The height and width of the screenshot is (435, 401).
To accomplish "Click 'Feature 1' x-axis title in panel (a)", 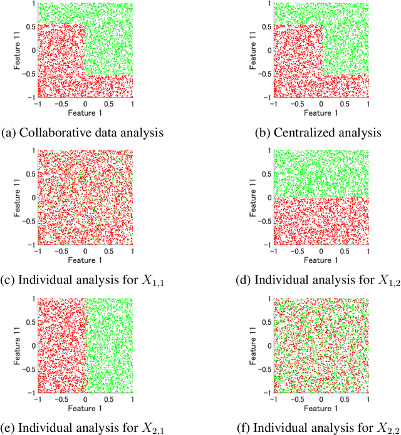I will pos(85,113).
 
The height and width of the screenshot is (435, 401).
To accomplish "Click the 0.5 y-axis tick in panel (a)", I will pos(29,26).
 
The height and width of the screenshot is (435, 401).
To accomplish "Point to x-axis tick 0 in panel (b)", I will pos(321,104).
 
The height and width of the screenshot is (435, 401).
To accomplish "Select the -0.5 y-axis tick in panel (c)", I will pos(27,222).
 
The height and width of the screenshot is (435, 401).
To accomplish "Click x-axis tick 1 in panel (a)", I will pos(132,104).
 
